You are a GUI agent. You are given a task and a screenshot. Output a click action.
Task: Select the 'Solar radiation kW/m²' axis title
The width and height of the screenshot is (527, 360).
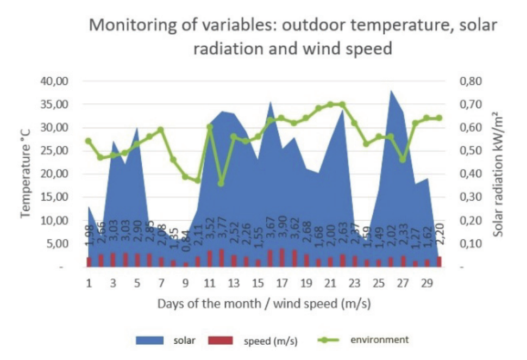[x=498, y=174]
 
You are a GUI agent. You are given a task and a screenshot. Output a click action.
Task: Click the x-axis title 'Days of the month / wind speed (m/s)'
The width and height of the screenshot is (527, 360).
[x=264, y=303]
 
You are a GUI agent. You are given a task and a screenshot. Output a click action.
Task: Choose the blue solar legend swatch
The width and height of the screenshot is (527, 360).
[x=150, y=341]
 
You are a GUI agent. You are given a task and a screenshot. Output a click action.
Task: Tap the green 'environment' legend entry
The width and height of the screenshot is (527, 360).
[x=369, y=340]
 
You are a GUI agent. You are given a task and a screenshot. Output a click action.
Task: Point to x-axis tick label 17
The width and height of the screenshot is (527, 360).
[x=281, y=283]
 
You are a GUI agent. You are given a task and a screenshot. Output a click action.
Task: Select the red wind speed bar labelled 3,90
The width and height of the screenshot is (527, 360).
[x=282, y=258]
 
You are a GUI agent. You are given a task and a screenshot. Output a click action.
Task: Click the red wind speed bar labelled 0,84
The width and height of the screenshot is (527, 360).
[x=186, y=264]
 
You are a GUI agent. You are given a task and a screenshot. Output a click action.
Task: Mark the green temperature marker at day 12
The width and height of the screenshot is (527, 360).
[x=221, y=183]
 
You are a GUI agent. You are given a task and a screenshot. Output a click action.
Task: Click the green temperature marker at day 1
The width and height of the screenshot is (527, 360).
[x=89, y=141]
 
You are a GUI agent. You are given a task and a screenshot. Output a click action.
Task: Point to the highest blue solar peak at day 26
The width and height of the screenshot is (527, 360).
[x=391, y=91]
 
